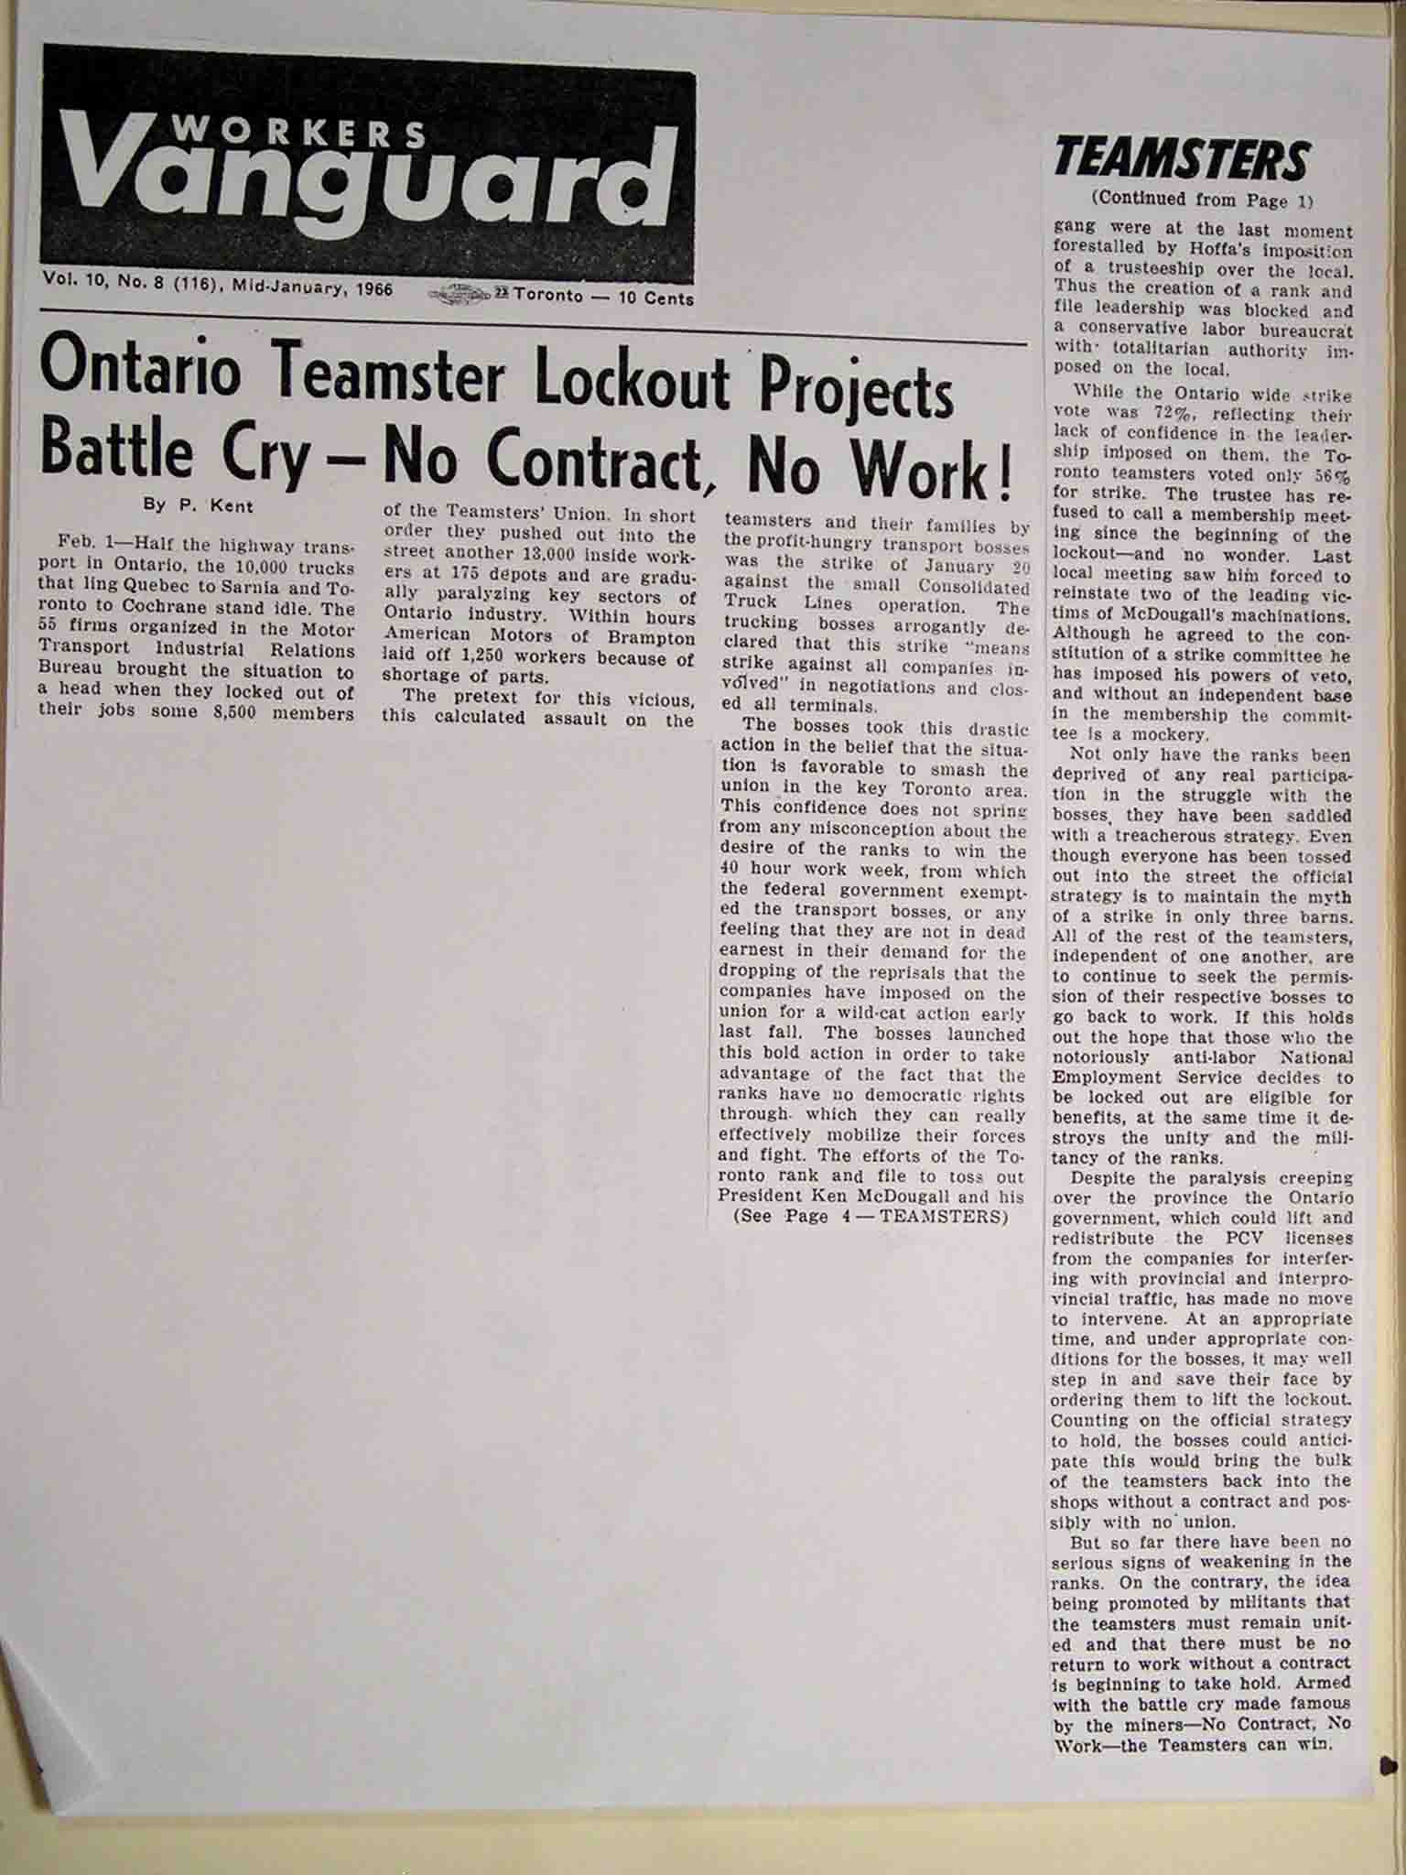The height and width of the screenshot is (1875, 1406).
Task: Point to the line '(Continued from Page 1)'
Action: point(1202,199)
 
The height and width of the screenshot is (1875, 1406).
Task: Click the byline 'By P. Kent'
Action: point(198,504)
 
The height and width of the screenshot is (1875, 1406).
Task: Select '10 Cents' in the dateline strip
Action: point(658,298)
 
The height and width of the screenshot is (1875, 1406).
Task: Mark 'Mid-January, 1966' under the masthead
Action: point(312,289)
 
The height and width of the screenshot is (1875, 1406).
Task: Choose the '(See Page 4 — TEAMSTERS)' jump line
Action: point(870,1216)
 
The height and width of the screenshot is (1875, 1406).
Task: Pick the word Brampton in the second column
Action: point(654,638)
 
